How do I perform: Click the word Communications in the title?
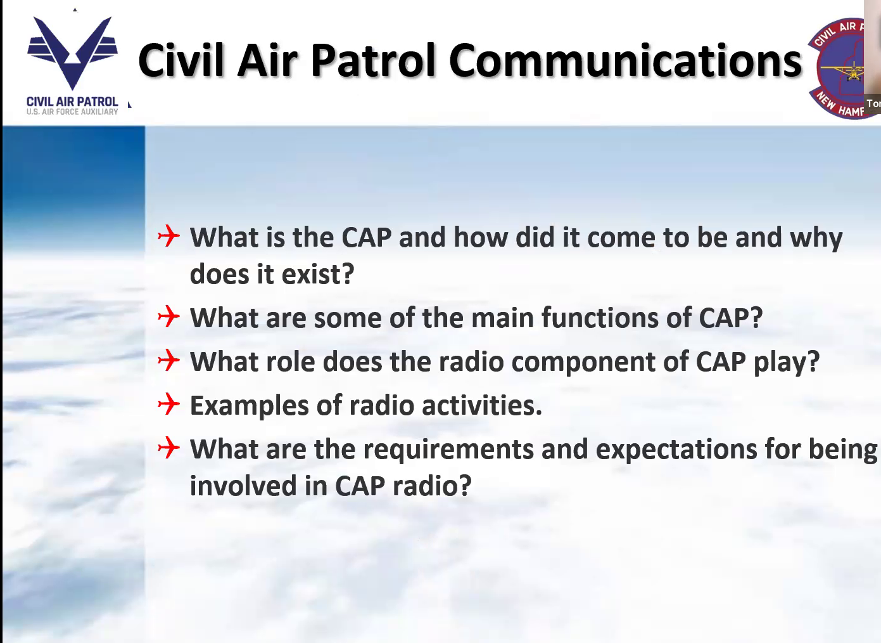tap(625, 60)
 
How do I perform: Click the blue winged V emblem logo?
tap(72, 53)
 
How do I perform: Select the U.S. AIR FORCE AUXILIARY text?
tap(72, 112)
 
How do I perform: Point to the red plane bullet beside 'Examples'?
tap(168, 404)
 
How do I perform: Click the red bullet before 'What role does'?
tap(168, 360)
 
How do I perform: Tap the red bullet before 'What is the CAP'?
tap(168, 236)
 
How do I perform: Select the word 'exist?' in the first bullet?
tap(318, 274)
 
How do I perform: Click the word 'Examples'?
tap(250, 406)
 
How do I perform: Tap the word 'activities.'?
tap(482, 405)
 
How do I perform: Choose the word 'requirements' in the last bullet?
tap(448, 450)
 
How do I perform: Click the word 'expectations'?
tap(676, 450)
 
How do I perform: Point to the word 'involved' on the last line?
tap(243, 485)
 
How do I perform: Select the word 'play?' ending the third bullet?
tap(787, 362)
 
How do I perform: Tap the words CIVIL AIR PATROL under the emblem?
tap(72, 101)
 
